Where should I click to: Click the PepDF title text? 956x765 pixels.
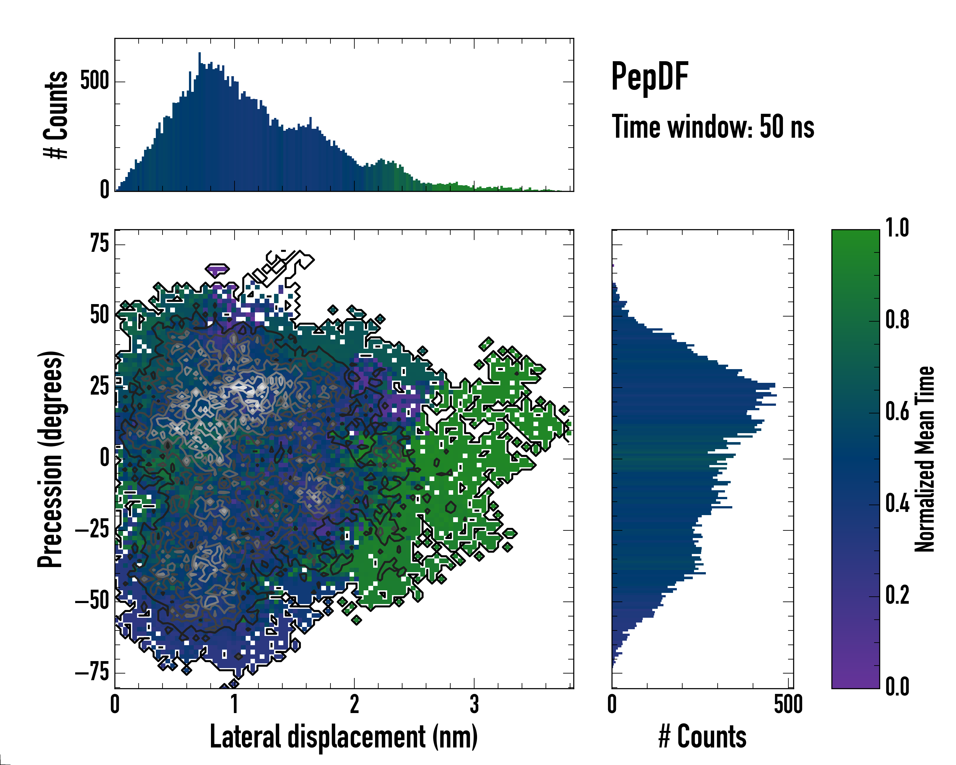[x=649, y=77]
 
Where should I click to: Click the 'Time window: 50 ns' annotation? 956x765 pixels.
[x=713, y=127]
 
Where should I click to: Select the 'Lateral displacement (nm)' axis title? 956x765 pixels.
[x=344, y=737]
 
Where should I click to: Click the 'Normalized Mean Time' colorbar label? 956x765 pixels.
[x=924, y=459]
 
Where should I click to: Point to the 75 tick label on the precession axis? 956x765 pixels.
[x=99, y=244]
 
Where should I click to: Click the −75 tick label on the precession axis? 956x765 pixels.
[x=92, y=673]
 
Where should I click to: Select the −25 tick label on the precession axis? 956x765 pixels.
[x=92, y=530]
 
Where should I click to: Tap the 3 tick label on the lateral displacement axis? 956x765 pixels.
[x=474, y=704]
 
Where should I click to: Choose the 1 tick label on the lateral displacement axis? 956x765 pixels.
[x=235, y=704]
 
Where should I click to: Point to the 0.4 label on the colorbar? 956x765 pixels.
[x=897, y=504]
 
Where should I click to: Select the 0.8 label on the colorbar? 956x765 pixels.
[x=897, y=320]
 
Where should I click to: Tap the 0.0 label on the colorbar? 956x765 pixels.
[x=897, y=687]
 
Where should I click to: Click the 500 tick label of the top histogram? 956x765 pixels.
[x=94, y=81]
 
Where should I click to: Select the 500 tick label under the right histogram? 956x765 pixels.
[x=788, y=704]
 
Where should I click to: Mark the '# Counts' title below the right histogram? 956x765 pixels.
[x=702, y=737]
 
